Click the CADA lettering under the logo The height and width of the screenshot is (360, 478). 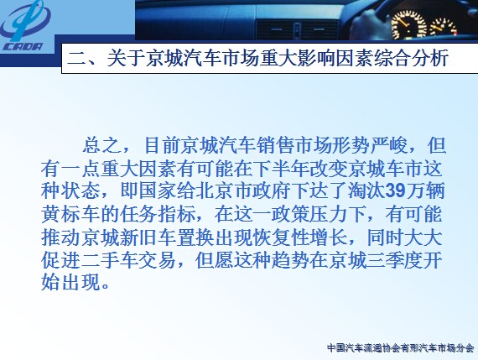[23, 47]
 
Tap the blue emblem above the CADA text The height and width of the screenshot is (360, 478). [26, 20]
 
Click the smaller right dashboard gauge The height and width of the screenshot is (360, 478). [444, 27]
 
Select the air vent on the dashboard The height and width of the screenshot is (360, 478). [297, 29]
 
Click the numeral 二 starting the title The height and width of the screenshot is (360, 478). [76, 58]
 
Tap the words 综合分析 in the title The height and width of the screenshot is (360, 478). [410, 58]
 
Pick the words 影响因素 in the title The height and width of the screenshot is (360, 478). [334, 58]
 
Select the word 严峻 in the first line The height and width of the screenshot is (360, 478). [389, 145]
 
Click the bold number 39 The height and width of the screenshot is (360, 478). [395, 191]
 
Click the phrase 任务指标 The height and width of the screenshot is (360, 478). [158, 215]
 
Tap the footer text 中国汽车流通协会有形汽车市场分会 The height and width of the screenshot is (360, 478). [401, 347]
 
